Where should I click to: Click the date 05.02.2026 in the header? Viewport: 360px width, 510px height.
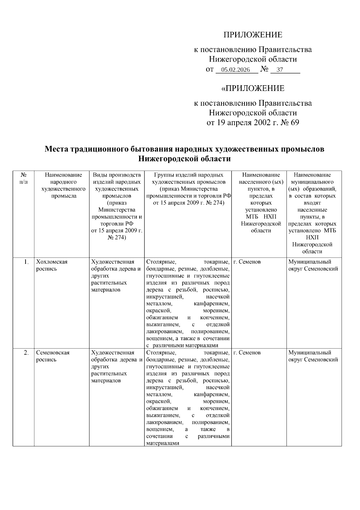pos(235,70)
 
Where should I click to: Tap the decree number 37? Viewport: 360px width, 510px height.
pos(279,70)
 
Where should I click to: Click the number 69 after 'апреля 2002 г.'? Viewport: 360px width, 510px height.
pos(294,122)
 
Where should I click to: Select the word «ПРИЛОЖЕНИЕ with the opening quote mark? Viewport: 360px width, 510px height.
pos(253,89)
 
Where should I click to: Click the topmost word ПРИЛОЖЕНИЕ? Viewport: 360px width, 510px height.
pos(253,35)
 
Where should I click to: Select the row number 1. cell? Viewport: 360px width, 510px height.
pos(26,262)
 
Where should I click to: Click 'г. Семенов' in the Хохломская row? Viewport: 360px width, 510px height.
pos(247,262)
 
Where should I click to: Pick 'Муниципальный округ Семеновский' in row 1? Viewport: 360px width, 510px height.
pos(313,265)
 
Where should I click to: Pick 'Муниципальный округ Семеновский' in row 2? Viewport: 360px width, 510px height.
pos(313,356)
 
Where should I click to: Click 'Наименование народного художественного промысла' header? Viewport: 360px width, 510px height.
pos(63,185)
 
